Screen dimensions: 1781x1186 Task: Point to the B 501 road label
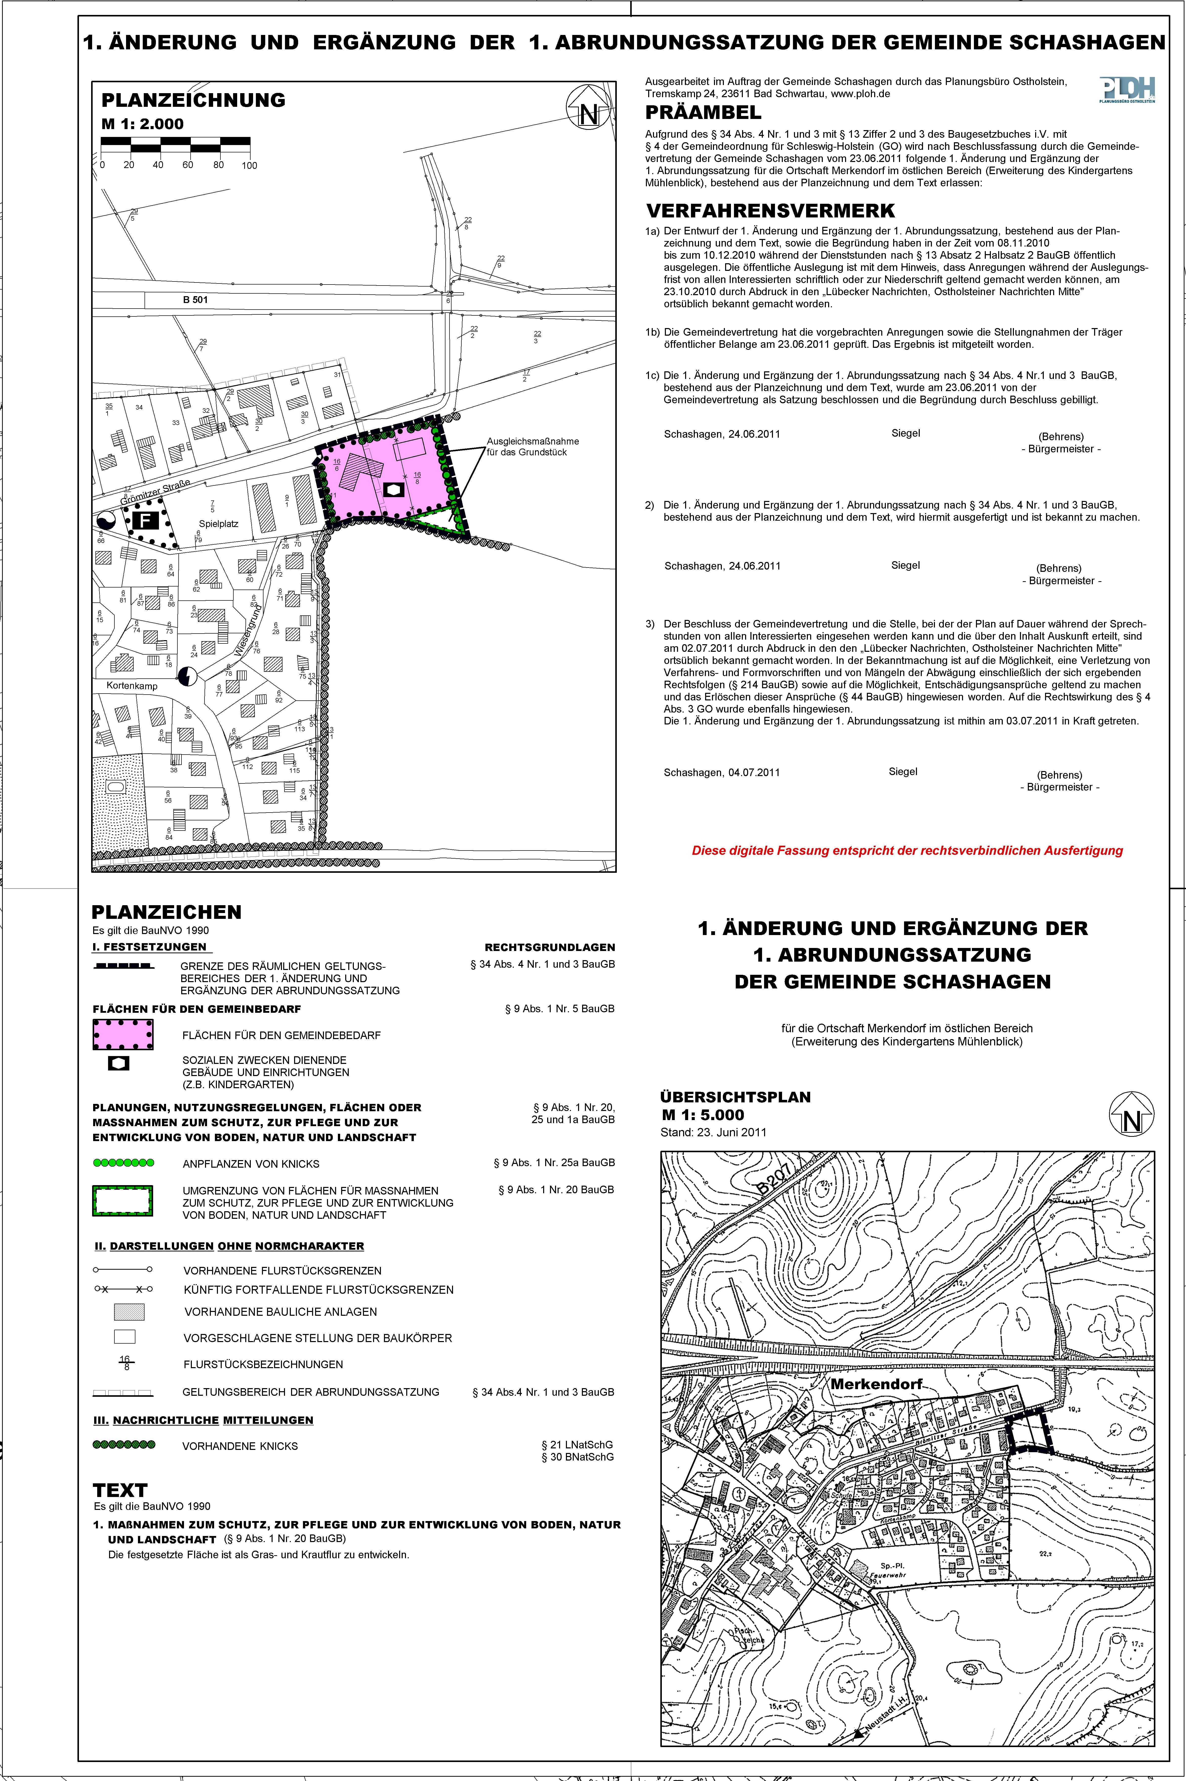195,299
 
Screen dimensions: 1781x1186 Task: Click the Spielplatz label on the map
219,523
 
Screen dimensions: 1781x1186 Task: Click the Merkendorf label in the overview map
877,1384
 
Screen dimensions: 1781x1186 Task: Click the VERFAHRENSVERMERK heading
770,211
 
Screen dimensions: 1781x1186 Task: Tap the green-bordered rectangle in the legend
122,1200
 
